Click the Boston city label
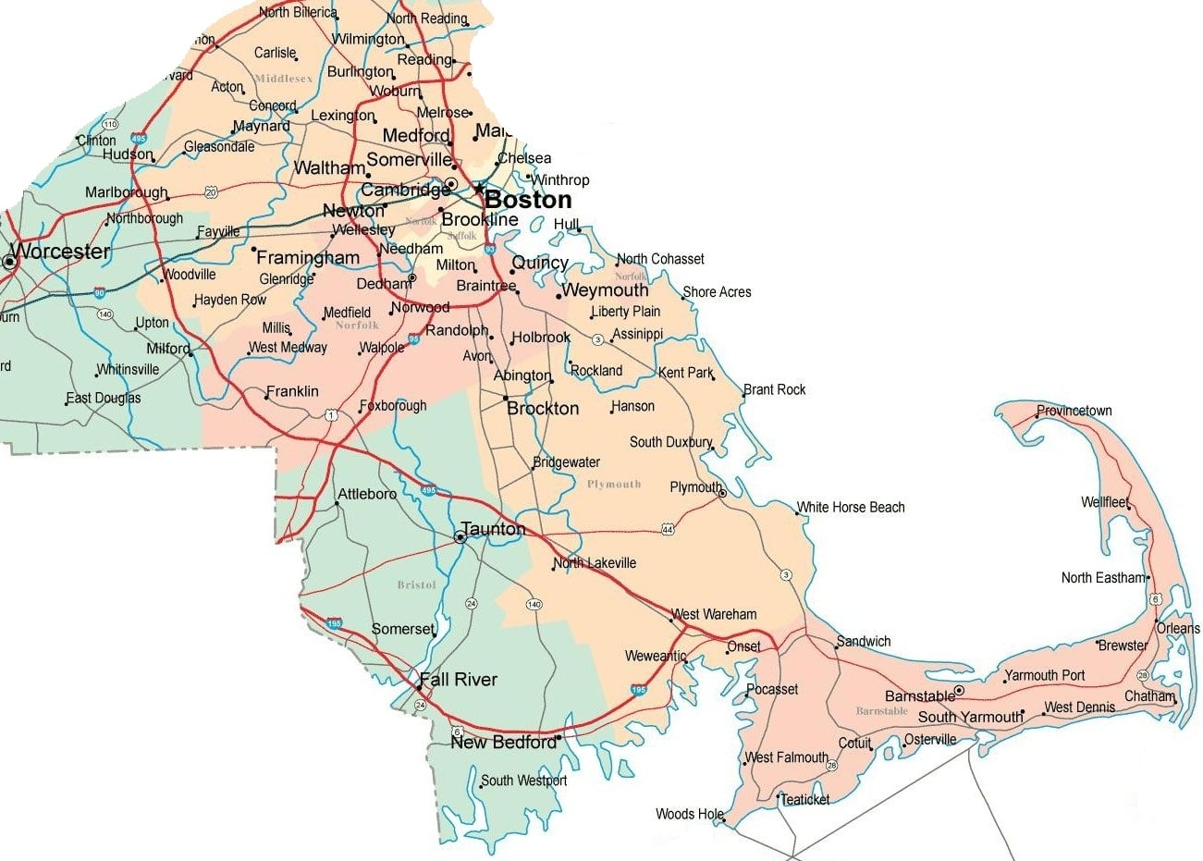pos(528,200)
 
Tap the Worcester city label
pos(60,252)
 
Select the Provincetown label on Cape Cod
pos(1074,411)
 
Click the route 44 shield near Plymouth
pos(668,529)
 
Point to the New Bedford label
pos(504,743)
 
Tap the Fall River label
pos(458,680)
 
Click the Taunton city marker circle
pos(460,537)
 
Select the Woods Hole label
pos(689,814)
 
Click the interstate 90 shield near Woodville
pos(99,292)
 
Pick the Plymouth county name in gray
pos(613,484)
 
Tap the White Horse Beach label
pos(851,507)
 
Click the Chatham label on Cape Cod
pos(1149,695)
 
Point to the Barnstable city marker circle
pos(960,690)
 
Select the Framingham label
pos(308,257)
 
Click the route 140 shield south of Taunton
pos(534,605)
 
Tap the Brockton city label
pos(543,408)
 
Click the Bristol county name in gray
pos(416,584)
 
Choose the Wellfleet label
pos(1105,502)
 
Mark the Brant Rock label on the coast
pos(775,389)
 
